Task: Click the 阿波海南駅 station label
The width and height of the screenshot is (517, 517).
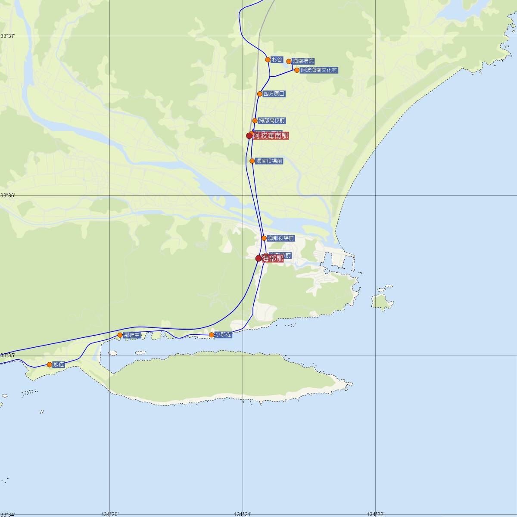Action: point(271,136)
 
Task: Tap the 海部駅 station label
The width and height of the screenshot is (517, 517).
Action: point(272,258)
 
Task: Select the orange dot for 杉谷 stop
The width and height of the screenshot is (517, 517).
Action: point(268,59)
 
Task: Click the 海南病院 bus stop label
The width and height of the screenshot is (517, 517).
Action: point(303,61)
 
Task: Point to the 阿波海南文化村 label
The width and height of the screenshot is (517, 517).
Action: point(319,70)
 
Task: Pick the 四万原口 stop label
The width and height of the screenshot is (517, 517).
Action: point(274,94)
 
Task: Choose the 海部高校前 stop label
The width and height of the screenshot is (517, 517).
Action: point(271,121)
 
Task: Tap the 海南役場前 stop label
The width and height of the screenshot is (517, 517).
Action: point(269,161)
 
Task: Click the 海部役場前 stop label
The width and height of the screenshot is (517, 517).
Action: point(280,238)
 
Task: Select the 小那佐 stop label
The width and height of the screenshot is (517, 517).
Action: point(223,335)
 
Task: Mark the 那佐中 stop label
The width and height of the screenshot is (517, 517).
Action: point(131,335)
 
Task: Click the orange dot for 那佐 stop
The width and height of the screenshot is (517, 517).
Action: point(50,364)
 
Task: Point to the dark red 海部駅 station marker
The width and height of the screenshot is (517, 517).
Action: point(258,258)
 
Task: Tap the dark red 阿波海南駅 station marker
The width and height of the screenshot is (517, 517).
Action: point(249,136)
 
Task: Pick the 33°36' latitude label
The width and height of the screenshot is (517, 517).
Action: point(7,196)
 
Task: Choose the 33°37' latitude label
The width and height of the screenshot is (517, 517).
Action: point(7,36)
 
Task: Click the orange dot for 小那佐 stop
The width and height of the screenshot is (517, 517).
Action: point(212,335)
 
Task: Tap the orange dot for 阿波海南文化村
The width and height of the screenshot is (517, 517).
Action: point(296,70)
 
